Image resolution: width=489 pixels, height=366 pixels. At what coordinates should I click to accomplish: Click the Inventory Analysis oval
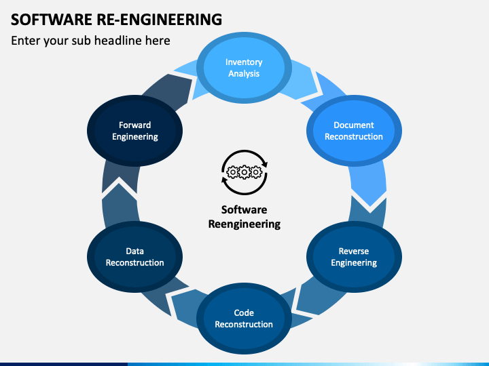(244, 68)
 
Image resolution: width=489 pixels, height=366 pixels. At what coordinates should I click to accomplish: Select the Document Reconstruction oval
(353, 131)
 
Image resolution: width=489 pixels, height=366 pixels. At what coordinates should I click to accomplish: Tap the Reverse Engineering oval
(353, 257)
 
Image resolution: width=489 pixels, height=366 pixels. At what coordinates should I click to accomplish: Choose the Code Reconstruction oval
(244, 318)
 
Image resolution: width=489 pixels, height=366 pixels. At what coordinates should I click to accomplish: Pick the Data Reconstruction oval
(134, 257)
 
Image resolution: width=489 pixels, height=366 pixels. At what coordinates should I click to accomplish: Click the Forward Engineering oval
(134, 131)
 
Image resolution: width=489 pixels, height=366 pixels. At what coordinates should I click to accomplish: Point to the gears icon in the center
(244, 174)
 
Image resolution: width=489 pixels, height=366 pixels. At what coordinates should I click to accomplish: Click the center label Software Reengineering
(244, 217)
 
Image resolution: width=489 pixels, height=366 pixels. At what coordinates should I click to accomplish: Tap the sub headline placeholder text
(90, 41)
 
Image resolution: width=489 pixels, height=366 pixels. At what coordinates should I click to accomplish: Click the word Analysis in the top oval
(244, 74)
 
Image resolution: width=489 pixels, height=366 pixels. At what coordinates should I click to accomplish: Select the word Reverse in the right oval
(353, 251)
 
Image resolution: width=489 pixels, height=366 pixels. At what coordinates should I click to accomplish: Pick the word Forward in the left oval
(134, 125)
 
